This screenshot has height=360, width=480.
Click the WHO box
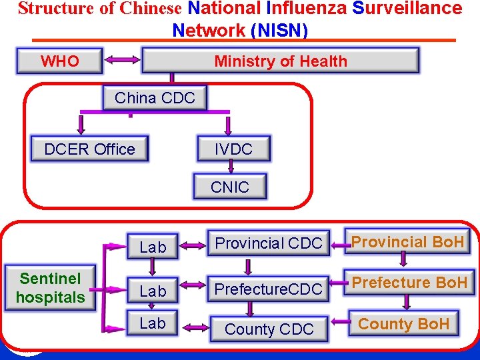pos(60,61)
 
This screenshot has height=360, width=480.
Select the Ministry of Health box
pos(281,61)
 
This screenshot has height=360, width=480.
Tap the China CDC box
pos(155,98)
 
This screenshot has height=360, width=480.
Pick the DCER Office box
pos(89,149)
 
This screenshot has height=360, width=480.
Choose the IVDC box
pos(233,149)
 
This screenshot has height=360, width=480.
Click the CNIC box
pos(229,187)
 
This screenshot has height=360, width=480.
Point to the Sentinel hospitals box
pos(51,288)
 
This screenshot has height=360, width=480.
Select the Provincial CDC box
pos(269,244)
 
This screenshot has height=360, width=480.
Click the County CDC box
pos(269,329)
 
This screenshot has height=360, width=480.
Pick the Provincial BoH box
pos(407,241)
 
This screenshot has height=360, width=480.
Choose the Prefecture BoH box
pos(409,283)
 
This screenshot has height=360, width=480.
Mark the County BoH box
pos(404,325)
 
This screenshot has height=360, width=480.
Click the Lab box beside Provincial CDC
pos(153,247)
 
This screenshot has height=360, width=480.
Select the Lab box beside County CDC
pos(153,323)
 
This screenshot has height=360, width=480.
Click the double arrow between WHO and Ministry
pos(122,60)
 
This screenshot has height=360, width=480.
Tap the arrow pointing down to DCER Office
pos(82,124)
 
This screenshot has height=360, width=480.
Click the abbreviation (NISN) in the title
pos(279,30)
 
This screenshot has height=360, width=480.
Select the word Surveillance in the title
pos(407,9)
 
